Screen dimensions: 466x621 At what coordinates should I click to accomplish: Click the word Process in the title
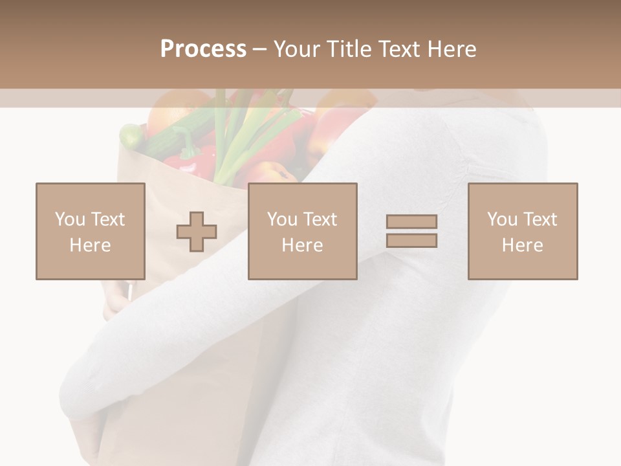tap(203, 49)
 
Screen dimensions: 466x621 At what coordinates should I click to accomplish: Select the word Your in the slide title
tap(297, 49)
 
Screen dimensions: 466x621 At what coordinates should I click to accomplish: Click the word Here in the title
tap(452, 49)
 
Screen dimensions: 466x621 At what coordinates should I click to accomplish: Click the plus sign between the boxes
tap(197, 232)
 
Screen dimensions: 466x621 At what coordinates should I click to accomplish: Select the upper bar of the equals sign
tap(411, 221)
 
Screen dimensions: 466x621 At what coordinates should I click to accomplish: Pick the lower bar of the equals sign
tap(411, 241)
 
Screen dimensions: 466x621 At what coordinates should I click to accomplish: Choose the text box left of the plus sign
tap(91, 231)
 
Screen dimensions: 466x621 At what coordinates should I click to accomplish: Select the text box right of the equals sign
tap(523, 231)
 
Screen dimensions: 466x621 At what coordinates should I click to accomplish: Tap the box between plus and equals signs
tap(303, 231)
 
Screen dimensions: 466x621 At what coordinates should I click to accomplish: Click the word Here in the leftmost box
tap(90, 245)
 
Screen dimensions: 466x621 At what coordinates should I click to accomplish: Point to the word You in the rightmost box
tap(502, 219)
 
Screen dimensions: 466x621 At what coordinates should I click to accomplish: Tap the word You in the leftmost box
tap(70, 219)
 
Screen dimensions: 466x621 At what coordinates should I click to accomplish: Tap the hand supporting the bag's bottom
tap(87, 434)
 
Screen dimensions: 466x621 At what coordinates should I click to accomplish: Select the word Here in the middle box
tap(302, 245)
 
